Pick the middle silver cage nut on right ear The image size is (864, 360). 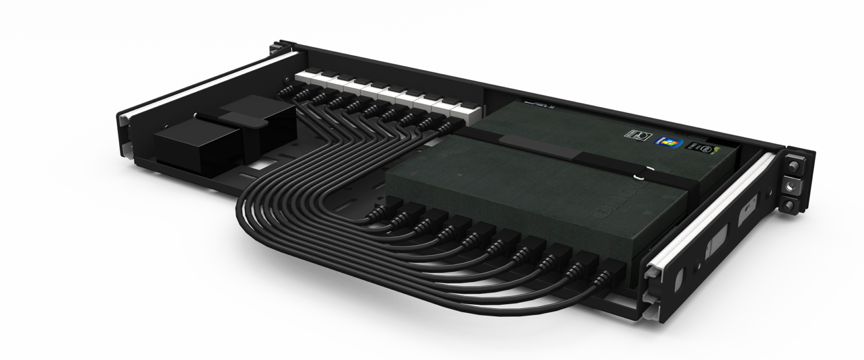tap(793, 185)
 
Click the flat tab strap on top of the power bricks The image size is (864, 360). tap(242, 118)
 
